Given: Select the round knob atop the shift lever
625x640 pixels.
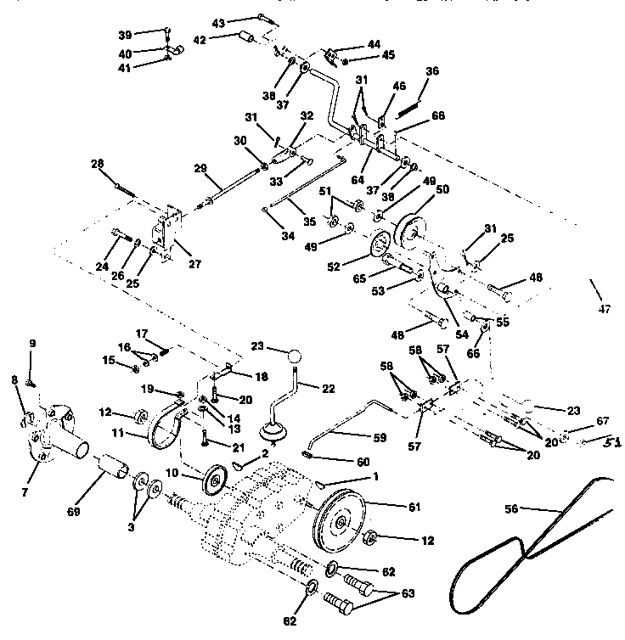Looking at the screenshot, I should pyautogui.click(x=294, y=356).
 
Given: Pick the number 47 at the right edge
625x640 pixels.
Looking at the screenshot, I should pyautogui.click(x=604, y=309).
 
